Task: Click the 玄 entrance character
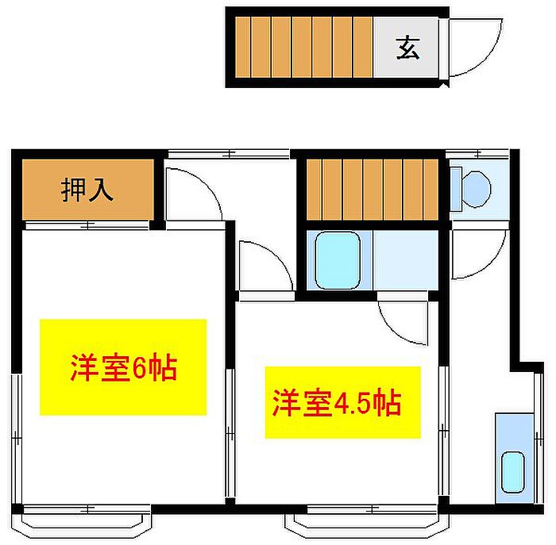(407, 48)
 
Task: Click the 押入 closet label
(87, 190)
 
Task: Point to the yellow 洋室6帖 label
(123, 367)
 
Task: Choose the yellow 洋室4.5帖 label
(342, 403)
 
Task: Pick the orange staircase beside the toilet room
(372, 189)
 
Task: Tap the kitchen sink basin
(513, 473)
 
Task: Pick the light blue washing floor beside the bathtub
(405, 260)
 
